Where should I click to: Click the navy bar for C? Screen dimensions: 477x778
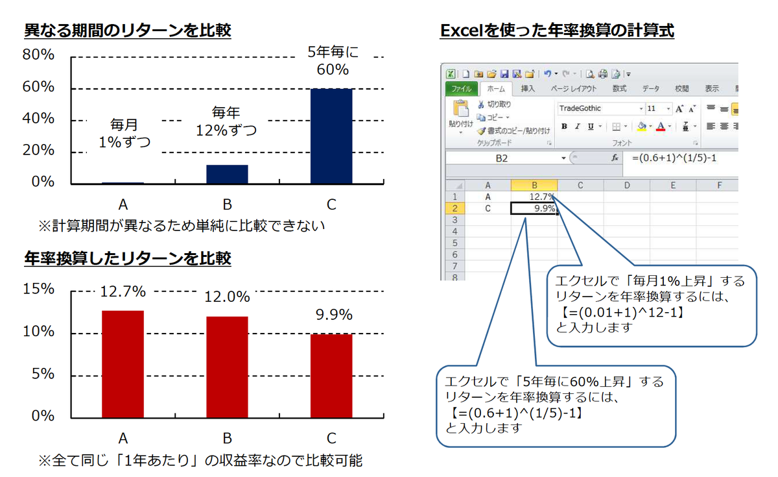tap(331, 136)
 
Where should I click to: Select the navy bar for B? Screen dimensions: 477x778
tap(227, 175)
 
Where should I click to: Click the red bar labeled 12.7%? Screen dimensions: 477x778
tap(123, 363)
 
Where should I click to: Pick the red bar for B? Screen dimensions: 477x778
tap(227, 366)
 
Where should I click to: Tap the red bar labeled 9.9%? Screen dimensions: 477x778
tap(331, 375)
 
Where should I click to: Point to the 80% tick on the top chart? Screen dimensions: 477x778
tap(39, 56)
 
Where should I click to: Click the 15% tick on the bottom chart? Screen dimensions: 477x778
tap(39, 289)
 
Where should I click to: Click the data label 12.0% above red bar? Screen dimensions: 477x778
tap(227, 297)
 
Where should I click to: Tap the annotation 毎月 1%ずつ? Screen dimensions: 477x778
tap(123, 132)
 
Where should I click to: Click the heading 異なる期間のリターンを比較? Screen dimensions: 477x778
tap(127, 30)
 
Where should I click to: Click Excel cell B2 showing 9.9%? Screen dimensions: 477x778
tap(534, 208)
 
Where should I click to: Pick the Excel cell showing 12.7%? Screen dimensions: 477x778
tap(534, 197)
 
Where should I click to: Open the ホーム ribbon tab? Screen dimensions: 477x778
tap(496, 89)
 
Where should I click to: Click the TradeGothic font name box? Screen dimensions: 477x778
tap(596, 108)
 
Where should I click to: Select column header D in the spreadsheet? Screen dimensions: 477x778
tap(627, 185)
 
